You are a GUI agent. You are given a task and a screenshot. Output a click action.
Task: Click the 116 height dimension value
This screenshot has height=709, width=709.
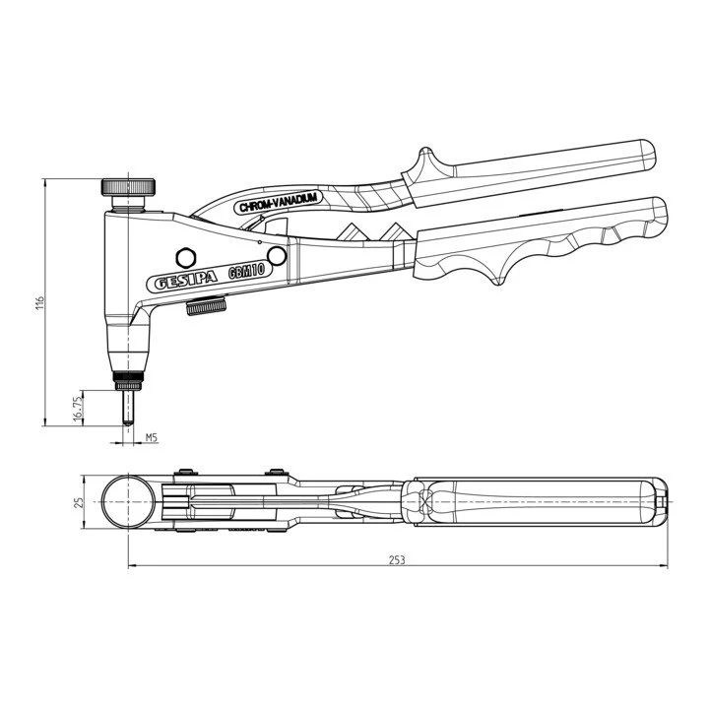coord(40,302)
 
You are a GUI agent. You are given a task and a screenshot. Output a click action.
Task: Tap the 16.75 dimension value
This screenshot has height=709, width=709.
coord(78,410)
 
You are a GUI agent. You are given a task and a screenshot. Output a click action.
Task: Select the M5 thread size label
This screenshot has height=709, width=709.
coord(151,437)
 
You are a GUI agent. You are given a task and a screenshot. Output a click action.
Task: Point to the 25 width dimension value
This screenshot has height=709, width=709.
coord(79,502)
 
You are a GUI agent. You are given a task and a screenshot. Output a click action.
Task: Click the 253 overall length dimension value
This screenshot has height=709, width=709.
coord(397,559)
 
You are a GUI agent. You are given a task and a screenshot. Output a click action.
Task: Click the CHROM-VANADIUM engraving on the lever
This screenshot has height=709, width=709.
coord(279,202)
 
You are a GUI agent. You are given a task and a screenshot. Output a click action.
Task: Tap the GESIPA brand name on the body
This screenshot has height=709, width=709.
coord(186,281)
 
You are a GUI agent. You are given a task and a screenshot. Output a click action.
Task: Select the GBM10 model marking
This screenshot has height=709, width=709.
coord(246,272)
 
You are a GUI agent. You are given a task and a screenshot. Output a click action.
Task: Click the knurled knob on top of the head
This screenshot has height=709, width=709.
coord(128,187)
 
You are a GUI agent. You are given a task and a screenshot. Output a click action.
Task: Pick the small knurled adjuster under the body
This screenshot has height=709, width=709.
coord(206,307)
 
